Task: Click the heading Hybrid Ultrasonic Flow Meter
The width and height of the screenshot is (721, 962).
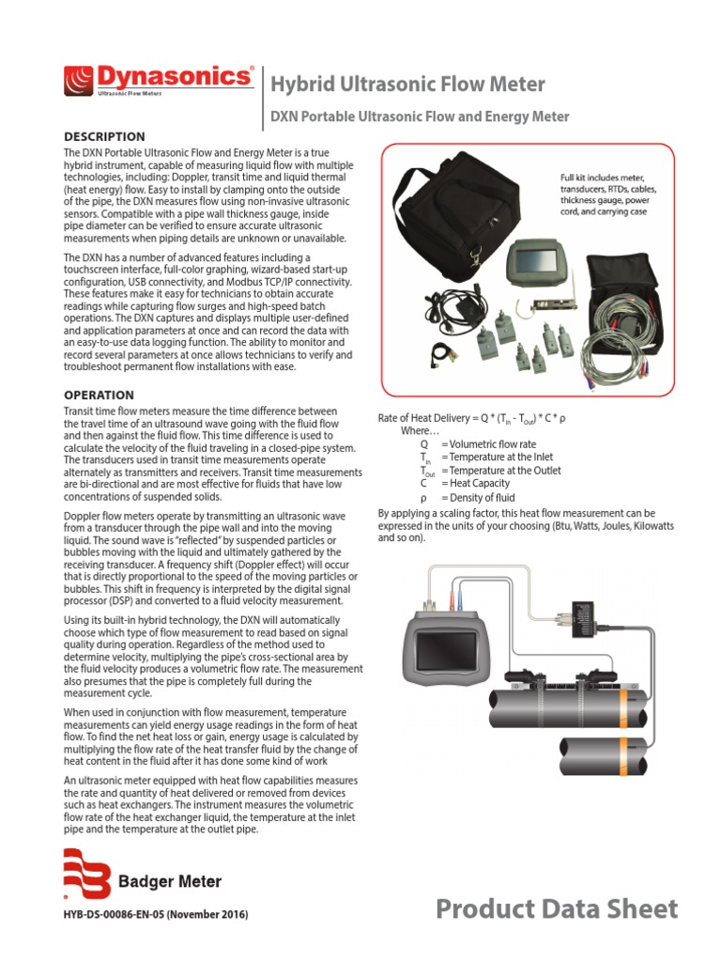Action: coord(407,85)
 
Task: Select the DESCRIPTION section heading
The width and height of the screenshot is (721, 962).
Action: coord(103,136)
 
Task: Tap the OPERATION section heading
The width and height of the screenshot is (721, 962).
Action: coord(98,396)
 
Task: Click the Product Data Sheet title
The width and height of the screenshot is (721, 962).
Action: coord(557,908)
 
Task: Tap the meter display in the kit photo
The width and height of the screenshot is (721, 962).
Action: coord(531,258)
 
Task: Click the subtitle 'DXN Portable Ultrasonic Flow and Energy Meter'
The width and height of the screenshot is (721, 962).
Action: coord(420,117)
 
